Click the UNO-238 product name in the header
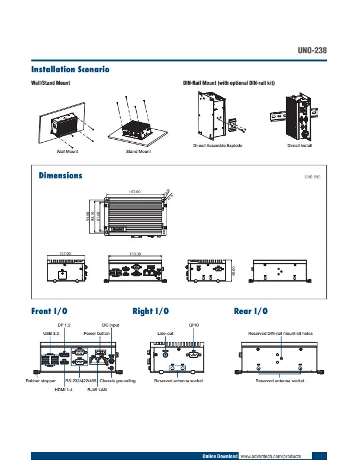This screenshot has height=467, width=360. click(311, 50)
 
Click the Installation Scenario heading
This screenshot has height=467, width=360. click(70, 69)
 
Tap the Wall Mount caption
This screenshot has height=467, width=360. click(67, 152)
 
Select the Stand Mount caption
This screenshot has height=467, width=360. click(139, 152)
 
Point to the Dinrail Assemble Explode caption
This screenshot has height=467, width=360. click(218, 145)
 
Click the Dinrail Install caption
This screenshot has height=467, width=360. click(300, 145)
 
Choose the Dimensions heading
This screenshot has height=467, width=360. click(60, 175)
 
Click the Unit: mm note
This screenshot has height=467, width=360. click(312, 177)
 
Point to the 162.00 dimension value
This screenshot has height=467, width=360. click(134, 192)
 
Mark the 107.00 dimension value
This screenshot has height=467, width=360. click(65, 253)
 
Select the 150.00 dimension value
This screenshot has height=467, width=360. click(135, 254)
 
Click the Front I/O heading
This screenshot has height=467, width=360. click(49, 311)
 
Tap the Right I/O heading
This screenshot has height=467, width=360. click(151, 311)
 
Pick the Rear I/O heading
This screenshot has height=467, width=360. click(251, 311)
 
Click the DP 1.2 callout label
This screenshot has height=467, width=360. click(64, 325)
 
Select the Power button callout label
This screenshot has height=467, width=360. click(97, 334)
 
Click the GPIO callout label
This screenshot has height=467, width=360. click(194, 325)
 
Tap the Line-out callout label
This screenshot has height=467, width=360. click(165, 334)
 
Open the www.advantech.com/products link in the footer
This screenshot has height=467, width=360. click(271, 456)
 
